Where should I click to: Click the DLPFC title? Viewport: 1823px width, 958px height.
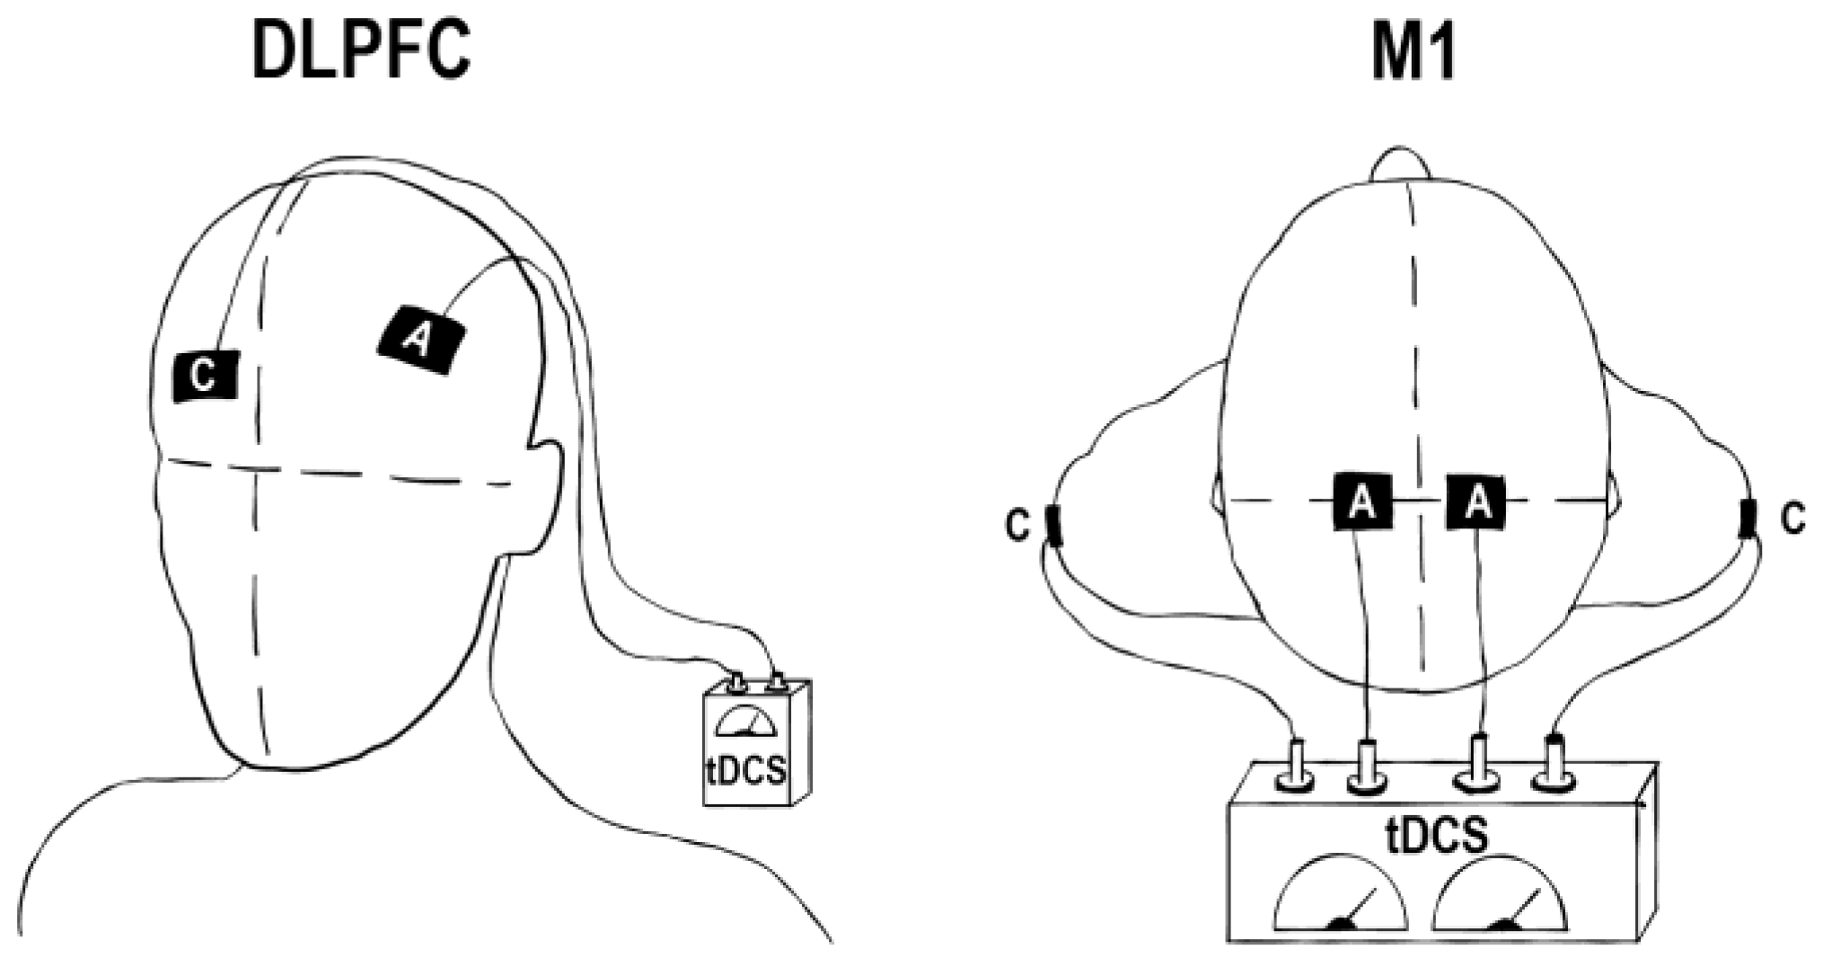coord(362,52)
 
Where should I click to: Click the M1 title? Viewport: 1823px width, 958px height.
coord(1413,52)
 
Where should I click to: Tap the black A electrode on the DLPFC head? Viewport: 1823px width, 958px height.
coord(420,339)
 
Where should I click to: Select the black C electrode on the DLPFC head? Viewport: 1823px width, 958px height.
coord(206,376)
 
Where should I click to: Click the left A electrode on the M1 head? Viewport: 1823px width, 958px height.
coord(1362,501)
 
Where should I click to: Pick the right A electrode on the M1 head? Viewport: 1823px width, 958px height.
coord(1476,501)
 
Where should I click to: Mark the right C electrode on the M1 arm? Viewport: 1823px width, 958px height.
coord(1748,519)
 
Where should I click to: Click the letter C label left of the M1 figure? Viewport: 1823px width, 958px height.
coord(1017,525)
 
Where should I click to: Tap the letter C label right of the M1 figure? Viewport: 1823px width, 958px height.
coord(1793,519)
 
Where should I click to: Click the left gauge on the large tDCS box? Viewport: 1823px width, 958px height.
coord(1341,895)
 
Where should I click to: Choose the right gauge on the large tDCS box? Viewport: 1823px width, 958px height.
coord(1500,895)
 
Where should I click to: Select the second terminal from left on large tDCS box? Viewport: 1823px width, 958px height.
coord(1367,766)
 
